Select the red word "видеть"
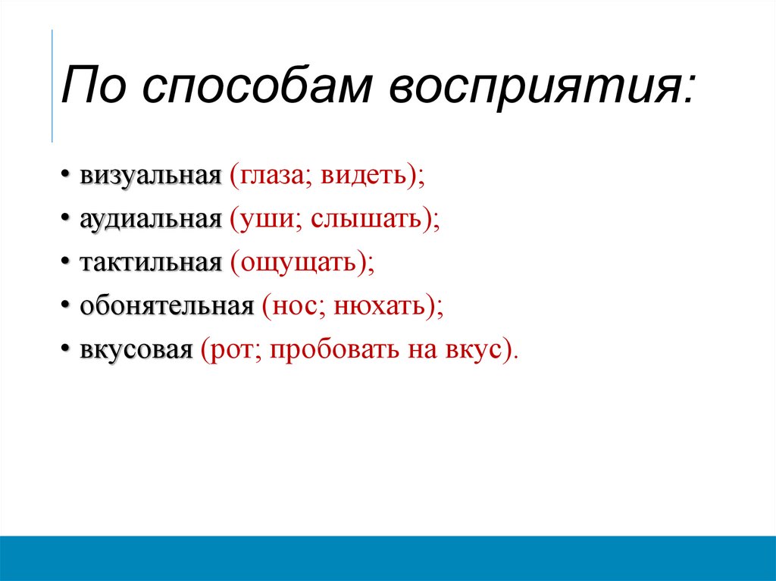click(365, 176)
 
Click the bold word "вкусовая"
click(136, 351)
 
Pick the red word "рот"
click(230, 351)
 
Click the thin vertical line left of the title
click(52, 85)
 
